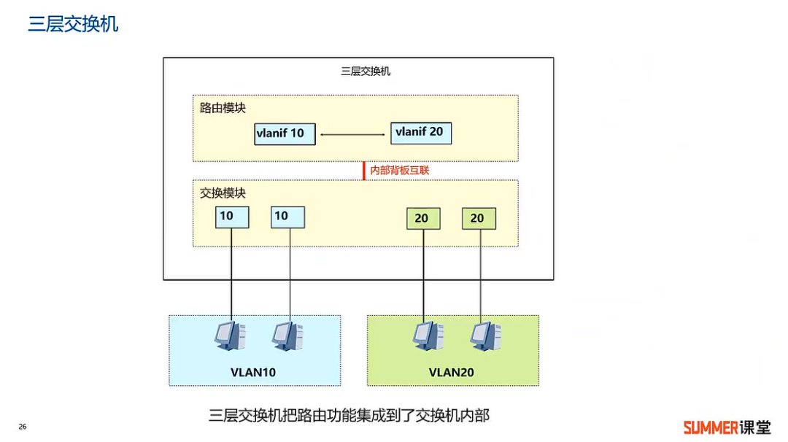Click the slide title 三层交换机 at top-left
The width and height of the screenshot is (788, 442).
(73, 25)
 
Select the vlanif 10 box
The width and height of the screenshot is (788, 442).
(285, 134)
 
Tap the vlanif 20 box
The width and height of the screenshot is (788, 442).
(422, 132)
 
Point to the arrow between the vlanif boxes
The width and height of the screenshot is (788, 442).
(353, 134)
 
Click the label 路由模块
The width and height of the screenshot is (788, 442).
(223, 108)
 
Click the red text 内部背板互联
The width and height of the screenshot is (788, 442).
(394, 170)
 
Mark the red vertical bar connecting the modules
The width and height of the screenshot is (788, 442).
(363, 171)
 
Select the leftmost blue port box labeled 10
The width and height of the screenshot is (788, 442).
(232, 217)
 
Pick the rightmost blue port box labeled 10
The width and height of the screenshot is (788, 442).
(288, 217)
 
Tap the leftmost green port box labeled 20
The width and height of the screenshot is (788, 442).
(423, 218)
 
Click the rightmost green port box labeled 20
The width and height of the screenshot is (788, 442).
(479, 218)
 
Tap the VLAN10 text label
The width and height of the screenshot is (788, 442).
(253, 372)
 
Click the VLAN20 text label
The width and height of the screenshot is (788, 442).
(452, 372)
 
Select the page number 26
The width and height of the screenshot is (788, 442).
(23, 427)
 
